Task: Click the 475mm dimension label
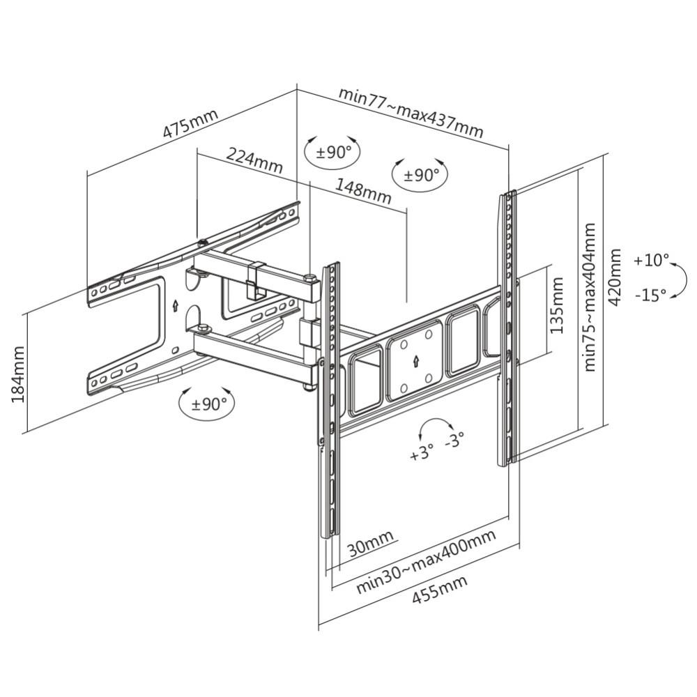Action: point(190,123)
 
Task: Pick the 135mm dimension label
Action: point(557,305)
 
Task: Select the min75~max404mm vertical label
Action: point(590,297)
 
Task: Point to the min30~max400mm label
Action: point(426,561)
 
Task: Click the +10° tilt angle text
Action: point(651,261)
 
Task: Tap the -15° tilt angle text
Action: point(651,295)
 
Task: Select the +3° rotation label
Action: point(422,454)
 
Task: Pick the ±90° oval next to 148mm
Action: point(420,175)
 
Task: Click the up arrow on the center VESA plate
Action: point(415,361)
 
